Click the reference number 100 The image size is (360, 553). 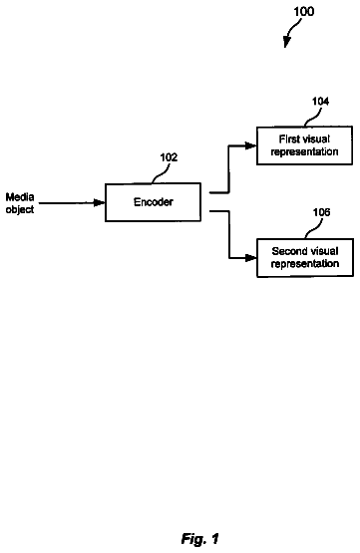click(304, 12)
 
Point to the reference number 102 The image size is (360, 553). click(169, 157)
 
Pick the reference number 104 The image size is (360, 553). click(320, 102)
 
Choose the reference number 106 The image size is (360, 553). click(321, 212)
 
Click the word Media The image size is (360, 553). click(20, 197)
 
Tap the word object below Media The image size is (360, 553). click(20, 209)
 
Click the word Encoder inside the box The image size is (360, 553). click(154, 202)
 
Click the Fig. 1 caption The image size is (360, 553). click(200, 538)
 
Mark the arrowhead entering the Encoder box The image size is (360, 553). click(100, 203)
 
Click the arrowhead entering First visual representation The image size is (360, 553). click(250, 145)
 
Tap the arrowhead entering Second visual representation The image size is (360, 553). click(250, 258)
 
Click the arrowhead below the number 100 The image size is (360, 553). click(286, 43)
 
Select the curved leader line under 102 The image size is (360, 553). click(161, 173)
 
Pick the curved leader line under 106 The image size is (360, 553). click(314, 228)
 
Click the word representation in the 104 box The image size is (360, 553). click(304, 152)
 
